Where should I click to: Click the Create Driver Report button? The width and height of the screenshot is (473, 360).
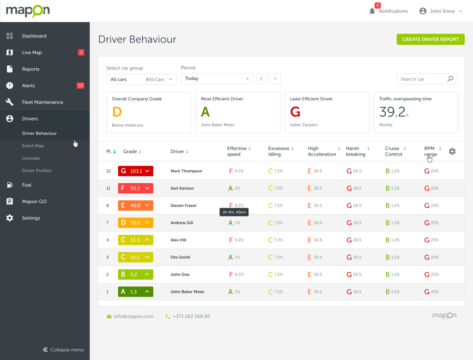pyautogui.click(x=431, y=39)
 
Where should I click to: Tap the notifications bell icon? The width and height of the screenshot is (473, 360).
pyautogui.click(x=372, y=11)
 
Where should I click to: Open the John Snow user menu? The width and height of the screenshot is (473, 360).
pyautogui.click(x=441, y=11)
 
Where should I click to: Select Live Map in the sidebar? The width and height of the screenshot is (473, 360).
pyautogui.click(x=32, y=53)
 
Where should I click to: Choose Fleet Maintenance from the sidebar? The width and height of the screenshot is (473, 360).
pyautogui.click(x=42, y=102)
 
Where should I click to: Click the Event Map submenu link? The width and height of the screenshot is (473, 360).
pyautogui.click(x=33, y=146)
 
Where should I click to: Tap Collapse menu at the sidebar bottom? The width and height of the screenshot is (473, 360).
pyautogui.click(x=63, y=350)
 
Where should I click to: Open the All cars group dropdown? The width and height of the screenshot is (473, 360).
pyautogui.click(x=141, y=79)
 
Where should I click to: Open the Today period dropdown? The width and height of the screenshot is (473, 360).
pyautogui.click(x=217, y=78)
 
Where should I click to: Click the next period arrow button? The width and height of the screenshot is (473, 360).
pyautogui.click(x=275, y=78)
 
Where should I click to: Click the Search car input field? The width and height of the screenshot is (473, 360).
pyautogui.click(x=421, y=79)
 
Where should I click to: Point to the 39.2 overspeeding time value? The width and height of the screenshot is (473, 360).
pyautogui.click(x=392, y=112)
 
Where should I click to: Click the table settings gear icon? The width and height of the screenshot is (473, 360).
pyautogui.click(x=452, y=151)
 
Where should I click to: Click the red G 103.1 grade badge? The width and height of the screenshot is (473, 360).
pyautogui.click(x=135, y=171)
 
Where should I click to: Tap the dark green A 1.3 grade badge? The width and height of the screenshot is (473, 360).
pyautogui.click(x=135, y=292)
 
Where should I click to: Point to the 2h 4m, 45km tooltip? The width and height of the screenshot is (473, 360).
pyautogui.click(x=234, y=212)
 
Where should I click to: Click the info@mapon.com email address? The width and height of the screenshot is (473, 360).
pyautogui.click(x=133, y=317)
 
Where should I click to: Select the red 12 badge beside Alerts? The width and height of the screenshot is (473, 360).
pyautogui.click(x=80, y=85)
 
